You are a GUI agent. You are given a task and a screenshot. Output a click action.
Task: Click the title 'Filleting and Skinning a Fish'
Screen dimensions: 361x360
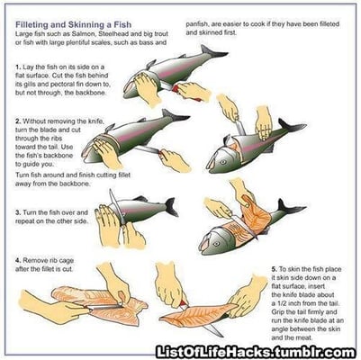point(73,24)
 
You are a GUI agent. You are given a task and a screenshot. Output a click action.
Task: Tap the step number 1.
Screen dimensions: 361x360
point(18,67)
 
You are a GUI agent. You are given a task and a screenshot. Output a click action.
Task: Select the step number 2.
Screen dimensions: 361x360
point(18,121)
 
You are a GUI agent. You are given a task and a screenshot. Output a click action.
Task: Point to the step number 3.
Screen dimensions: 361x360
point(18,212)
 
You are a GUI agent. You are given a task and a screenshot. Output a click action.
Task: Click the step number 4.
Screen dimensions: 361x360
point(18,260)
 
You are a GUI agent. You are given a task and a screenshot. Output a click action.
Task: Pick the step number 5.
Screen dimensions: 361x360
point(274,269)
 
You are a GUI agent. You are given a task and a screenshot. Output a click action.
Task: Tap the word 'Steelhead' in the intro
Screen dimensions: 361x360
point(113,33)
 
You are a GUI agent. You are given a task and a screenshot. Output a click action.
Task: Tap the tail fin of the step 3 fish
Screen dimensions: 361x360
point(171,207)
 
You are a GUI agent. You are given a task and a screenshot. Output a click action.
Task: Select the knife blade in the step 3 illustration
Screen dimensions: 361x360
point(117,206)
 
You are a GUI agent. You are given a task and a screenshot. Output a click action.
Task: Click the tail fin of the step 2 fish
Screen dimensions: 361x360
point(175,115)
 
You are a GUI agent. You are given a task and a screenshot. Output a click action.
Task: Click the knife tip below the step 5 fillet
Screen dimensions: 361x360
point(221,335)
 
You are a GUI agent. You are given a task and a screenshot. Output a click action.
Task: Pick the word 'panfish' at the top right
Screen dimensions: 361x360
point(196,24)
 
